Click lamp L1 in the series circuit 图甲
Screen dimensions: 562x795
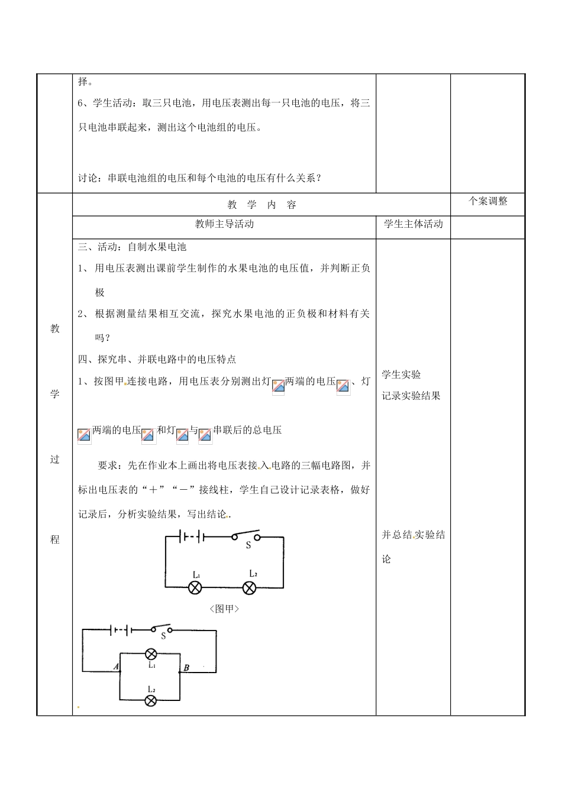tap(195, 587)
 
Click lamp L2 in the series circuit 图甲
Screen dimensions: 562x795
tap(250, 587)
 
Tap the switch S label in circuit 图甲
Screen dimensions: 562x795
tap(248, 545)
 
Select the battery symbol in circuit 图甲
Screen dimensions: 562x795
tap(193, 537)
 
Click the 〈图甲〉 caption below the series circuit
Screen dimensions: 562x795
tap(224, 608)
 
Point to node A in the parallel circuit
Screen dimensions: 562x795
tap(117, 667)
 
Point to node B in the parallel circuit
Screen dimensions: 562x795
tap(186, 668)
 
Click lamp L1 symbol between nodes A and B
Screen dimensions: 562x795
tap(151, 654)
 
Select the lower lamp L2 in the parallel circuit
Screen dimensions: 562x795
tap(151, 701)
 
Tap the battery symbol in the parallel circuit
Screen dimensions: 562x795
tap(122, 629)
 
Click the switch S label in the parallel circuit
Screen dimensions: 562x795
tap(163, 636)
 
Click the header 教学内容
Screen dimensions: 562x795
tap(261, 205)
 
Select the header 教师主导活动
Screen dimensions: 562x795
tap(224, 224)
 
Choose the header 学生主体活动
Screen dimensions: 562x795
tap(413, 224)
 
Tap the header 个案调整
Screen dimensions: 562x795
tap(488, 201)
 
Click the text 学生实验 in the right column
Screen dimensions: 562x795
tap(401, 374)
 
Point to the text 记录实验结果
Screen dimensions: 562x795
tap(411, 396)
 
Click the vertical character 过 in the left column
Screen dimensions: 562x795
tap(55, 459)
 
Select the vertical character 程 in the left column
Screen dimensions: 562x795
tap(55, 539)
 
